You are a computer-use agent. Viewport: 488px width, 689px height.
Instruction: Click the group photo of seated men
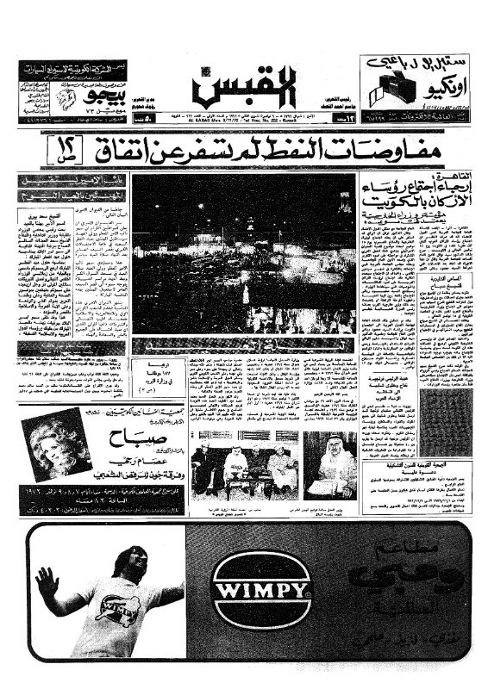coord(244,466)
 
